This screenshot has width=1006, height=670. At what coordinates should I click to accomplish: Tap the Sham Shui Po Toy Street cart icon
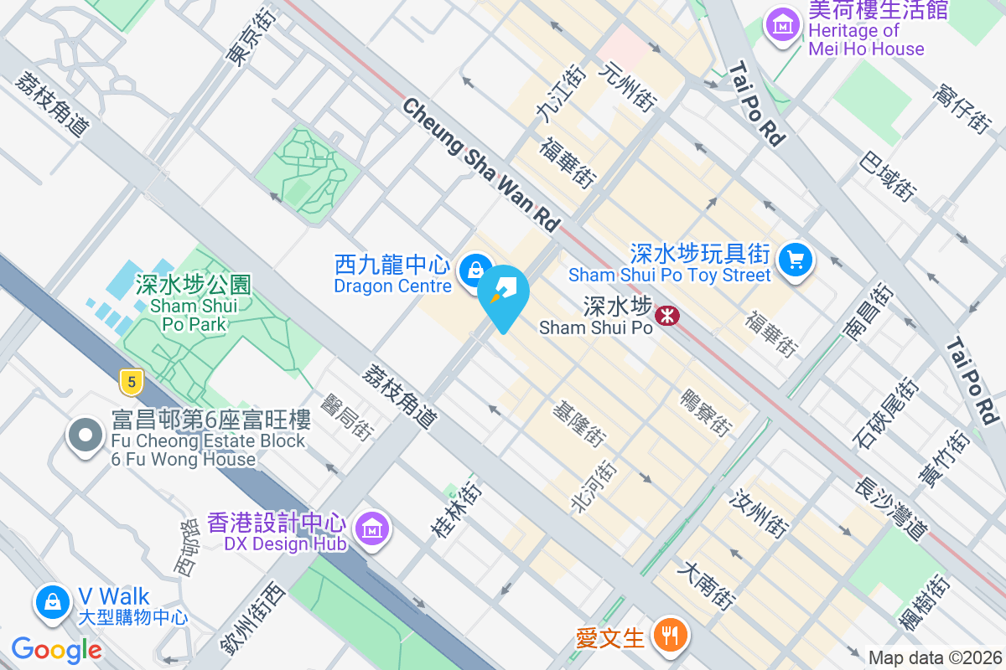[x=795, y=260]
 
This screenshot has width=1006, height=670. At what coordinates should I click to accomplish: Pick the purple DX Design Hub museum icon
[x=371, y=528]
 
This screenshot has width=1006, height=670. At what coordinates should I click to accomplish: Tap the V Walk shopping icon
[x=53, y=601]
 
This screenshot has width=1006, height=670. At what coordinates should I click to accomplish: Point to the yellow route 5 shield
[x=129, y=383]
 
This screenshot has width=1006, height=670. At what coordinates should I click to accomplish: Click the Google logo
[x=56, y=650]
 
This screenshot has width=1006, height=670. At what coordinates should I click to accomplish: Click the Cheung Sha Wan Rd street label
[x=481, y=164]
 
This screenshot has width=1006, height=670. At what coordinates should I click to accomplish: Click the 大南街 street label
[x=709, y=585]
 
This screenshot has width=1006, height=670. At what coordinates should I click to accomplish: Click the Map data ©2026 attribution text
[x=935, y=657]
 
